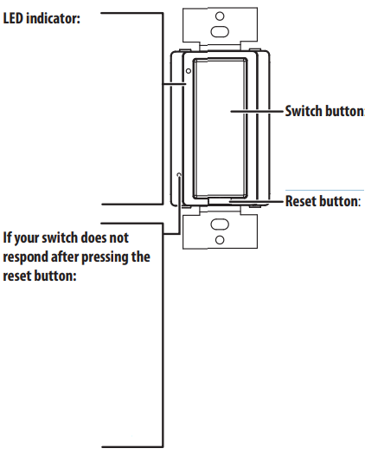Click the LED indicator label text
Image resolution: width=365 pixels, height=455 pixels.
coord(42,18)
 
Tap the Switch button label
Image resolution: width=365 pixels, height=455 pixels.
coord(324,111)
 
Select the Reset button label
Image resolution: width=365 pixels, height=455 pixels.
coord(323,201)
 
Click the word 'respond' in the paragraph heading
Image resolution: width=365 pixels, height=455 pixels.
coord(25,257)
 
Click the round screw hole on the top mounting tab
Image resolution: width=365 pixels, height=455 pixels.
coord(220,16)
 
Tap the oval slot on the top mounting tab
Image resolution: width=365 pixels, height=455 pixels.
coord(220,31)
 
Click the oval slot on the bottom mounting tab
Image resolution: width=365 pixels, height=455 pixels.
coord(220,224)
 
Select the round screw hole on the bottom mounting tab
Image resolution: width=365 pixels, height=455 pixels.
coord(220,240)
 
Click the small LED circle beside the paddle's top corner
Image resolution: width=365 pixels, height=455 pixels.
coord(189,71)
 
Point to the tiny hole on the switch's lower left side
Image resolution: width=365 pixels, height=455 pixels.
coord(179,175)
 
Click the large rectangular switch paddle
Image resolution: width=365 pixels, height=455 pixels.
coord(220,128)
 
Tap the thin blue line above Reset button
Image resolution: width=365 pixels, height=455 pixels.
coord(324,191)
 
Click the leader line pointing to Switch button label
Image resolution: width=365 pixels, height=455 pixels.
coord(257,111)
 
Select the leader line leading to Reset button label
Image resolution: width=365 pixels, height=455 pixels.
coord(256,201)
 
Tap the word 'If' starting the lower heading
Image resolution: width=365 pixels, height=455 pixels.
coord(7,237)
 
